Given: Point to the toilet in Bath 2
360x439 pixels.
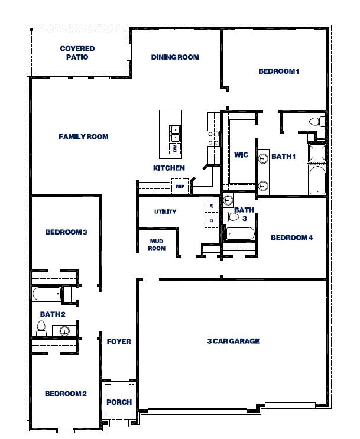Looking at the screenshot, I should pos(41,329).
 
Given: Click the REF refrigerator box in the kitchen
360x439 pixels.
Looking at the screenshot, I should pos(179,186).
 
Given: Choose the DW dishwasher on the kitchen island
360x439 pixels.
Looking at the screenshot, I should pos(176,148).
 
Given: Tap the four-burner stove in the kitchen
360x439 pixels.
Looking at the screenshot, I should pos(213,138).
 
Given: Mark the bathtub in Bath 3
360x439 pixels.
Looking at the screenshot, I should pos(239,233).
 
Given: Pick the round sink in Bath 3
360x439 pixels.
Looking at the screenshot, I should pos(229,200).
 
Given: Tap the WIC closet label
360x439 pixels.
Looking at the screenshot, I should pos(241,155).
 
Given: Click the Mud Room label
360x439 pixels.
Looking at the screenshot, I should pos(157,245).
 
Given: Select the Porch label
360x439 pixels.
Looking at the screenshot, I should pos(119,402).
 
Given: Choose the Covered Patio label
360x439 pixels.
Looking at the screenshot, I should pos(77,53).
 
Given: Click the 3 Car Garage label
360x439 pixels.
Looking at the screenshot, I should pos(233,341).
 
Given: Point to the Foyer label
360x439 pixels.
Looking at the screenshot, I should pos(118,342).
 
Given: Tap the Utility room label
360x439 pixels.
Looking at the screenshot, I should pos(165,212).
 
